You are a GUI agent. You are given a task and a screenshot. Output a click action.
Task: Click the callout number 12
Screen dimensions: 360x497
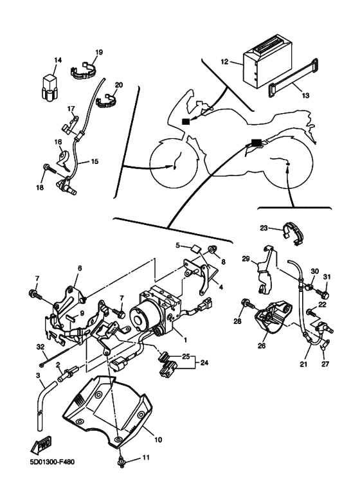click(224, 62)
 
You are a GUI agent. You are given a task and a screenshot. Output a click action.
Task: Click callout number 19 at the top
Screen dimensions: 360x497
click(99, 52)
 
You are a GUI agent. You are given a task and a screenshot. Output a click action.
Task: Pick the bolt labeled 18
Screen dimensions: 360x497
click(50, 168)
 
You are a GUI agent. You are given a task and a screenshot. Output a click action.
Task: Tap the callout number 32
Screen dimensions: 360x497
click(40, 347)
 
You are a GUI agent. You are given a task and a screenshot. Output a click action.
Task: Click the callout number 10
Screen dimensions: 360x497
click(158, 440)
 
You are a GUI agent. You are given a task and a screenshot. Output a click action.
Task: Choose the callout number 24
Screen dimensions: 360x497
click(204, 362)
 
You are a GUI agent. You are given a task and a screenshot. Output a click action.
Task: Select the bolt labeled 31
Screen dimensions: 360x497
click(324, 294)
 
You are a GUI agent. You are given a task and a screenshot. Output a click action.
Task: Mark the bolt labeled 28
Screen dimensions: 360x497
click(248, 304)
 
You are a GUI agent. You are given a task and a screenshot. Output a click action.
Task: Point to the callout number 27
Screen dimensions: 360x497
click(325, 364)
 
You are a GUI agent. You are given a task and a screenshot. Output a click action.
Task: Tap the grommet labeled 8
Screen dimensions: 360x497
click(212, 250)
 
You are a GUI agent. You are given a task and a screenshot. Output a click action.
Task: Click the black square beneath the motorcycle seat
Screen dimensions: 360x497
click(256, 143)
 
